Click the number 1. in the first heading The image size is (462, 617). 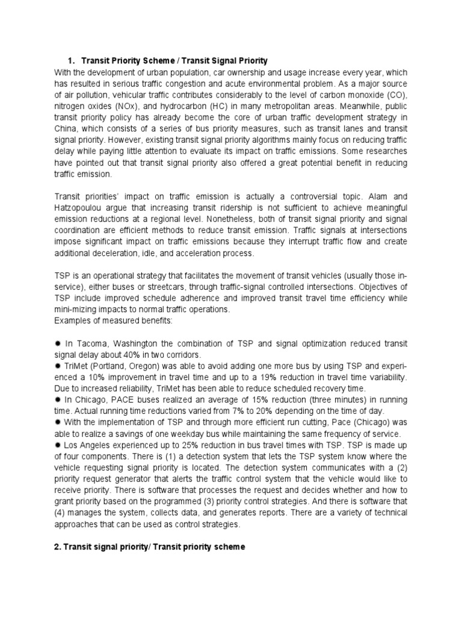(70, 61)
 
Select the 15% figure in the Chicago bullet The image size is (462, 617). (251, 398)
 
